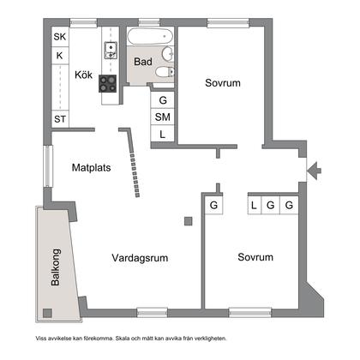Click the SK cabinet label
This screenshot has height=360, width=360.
pyautogui.click(x=59, y=37)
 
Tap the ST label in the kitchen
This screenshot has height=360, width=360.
pyautogui.click(x=59, y=119)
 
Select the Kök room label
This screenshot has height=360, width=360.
pyautogui.click(x=83, y=75)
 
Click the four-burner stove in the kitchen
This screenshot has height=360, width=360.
pyautogui.click(x=109, y=83)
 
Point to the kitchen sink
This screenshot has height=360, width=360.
pyautogui.click(x=110, y=50)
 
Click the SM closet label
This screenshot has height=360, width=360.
pyautogui.click(x=162, y=117)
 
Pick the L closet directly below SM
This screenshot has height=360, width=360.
pyautogui.click(x=162, y=134)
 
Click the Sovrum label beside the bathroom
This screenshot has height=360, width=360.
pyautogui.click(x=222, y=83)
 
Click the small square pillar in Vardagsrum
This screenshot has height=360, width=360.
pyautogui.click(x=188, y=222)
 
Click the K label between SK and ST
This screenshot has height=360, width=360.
pyautogui.click(x=59, y=56)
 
